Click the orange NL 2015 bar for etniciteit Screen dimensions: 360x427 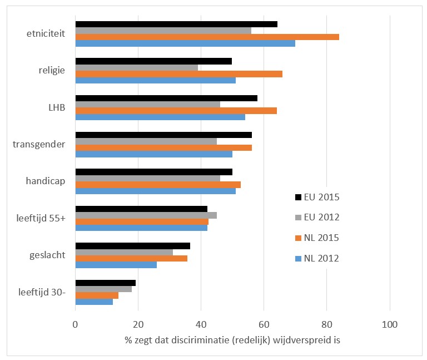click(207, 37)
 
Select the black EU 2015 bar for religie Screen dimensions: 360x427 click(153, 61)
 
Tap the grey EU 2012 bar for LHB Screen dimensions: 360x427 click(147, 104)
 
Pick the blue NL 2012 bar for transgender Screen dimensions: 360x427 click(153, 154)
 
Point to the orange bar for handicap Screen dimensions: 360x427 click(158, 184)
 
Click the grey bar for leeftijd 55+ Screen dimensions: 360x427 click(146, 215)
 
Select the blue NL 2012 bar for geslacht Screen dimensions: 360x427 click(116, 264)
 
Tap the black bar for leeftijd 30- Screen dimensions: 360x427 click(105, 283)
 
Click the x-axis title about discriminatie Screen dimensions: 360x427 click(232, 341)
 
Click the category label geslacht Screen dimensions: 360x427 click(48, 255)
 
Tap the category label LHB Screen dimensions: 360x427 click(57, 107)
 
